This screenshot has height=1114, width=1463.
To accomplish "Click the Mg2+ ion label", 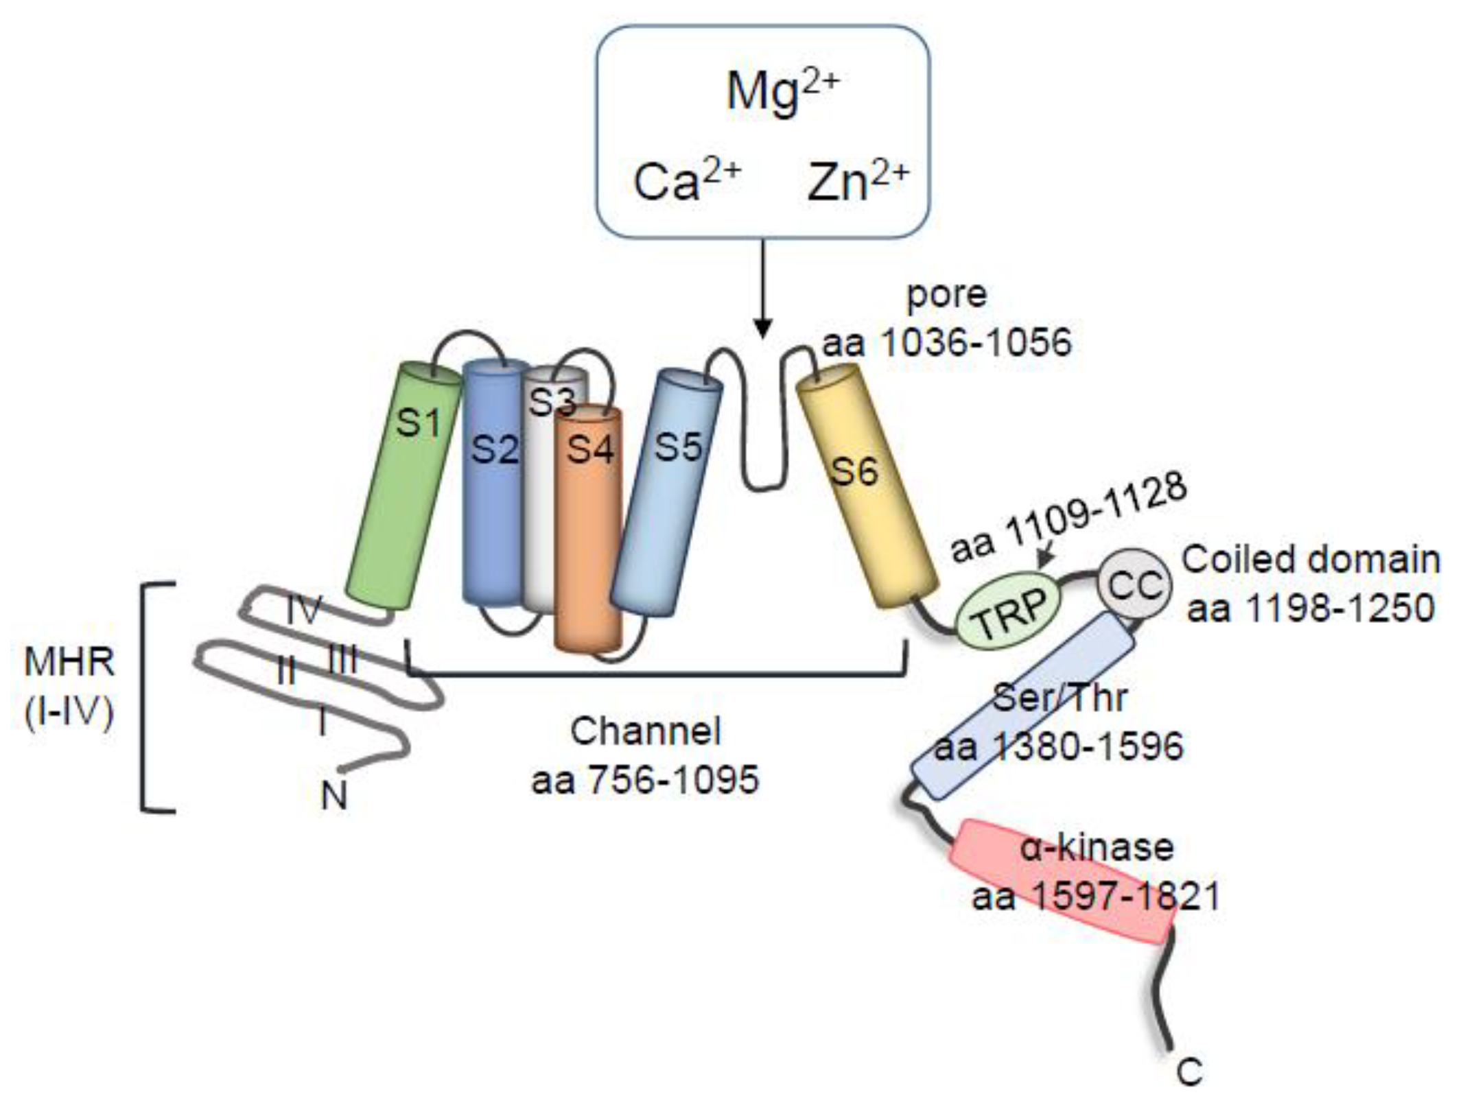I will click(x=782, y=93).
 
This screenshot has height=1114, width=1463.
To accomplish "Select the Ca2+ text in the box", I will click(x=686, y=182).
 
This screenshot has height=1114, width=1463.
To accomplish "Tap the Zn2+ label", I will click(x=858, y=182).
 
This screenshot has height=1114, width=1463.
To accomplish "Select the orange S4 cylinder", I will click(x=588, y=535).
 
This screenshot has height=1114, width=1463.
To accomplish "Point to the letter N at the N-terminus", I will click(x=334, y=796).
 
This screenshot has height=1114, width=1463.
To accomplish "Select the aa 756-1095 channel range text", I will click(x=645, y=780).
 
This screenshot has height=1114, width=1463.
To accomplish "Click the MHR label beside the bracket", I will click(x=69, y=663).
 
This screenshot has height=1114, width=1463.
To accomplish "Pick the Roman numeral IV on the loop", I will click(x=303, y=609).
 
